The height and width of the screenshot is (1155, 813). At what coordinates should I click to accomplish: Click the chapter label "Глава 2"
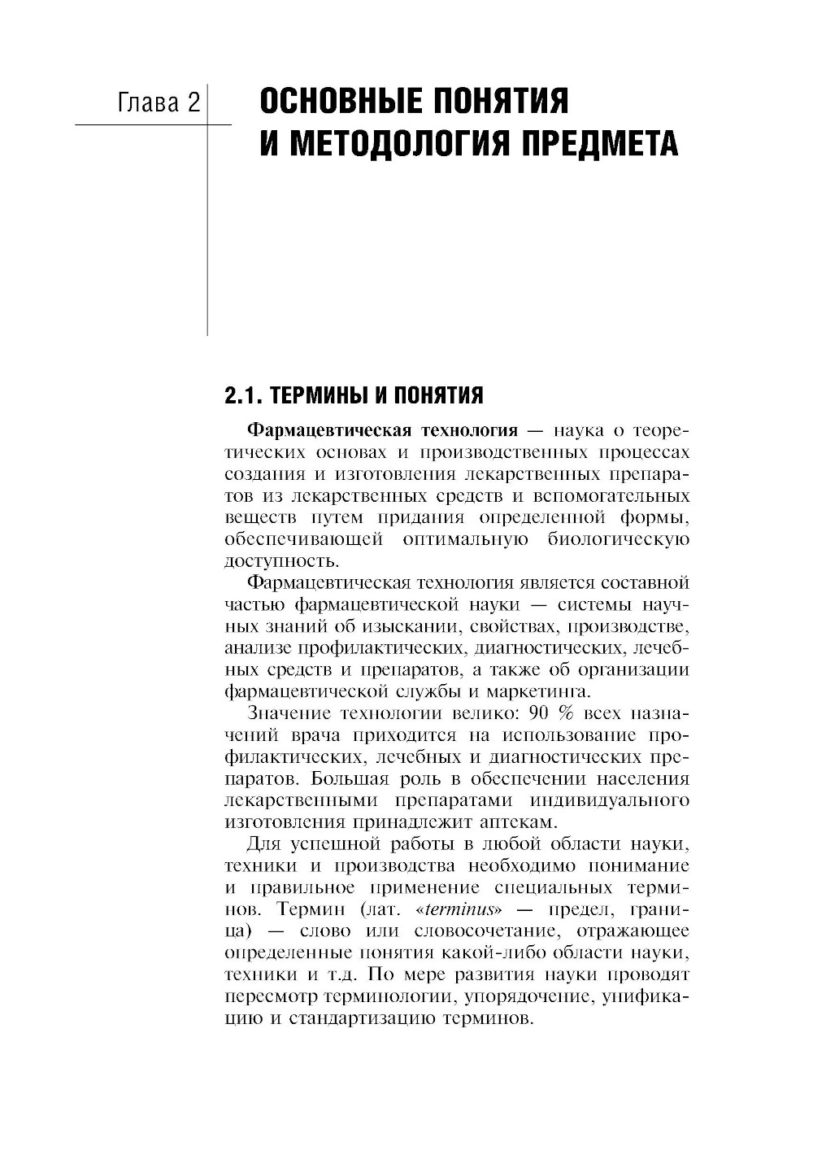[x=159, y=103]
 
